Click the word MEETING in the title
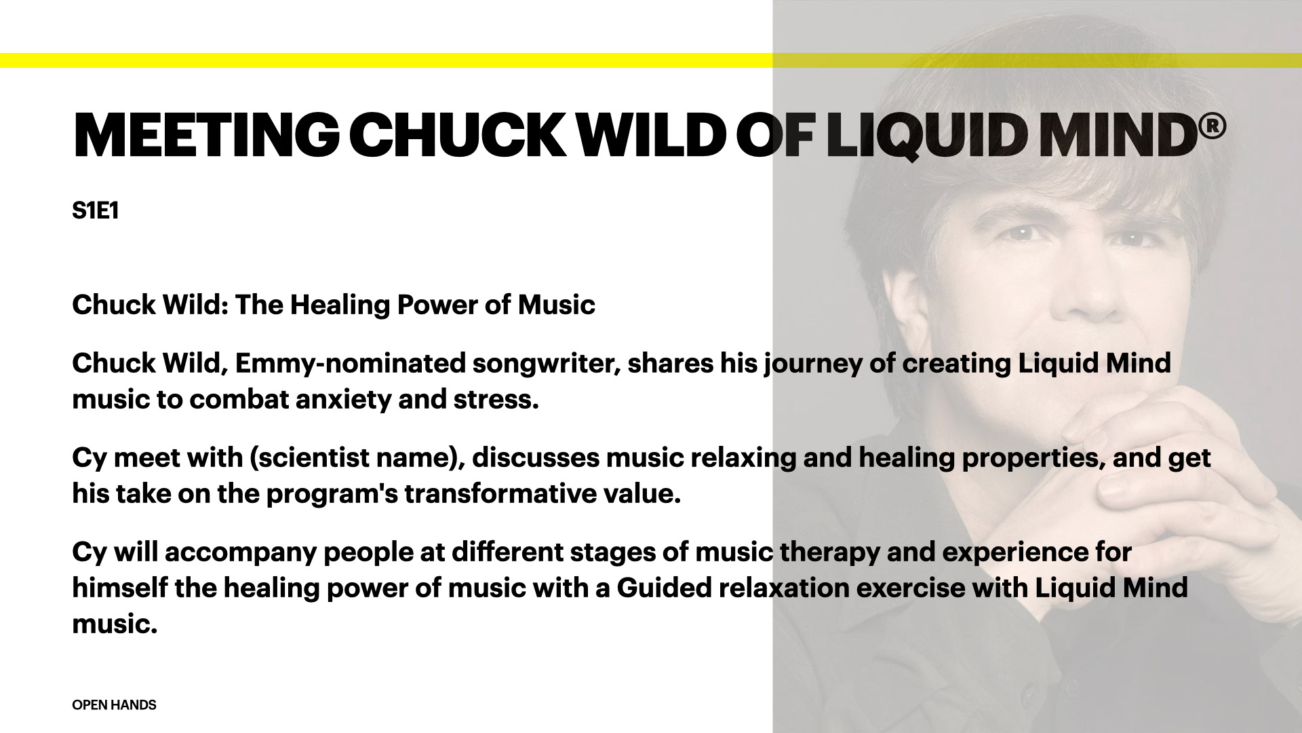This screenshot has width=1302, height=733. point(206,134)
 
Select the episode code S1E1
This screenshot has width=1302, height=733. point(96,211)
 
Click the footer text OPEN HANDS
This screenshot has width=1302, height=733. point(114,705)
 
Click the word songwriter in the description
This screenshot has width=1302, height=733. point(547,364)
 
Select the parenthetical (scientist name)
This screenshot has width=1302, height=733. point(357,458)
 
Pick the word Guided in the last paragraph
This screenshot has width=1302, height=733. point(664,588)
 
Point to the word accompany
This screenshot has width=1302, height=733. point(241,552)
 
